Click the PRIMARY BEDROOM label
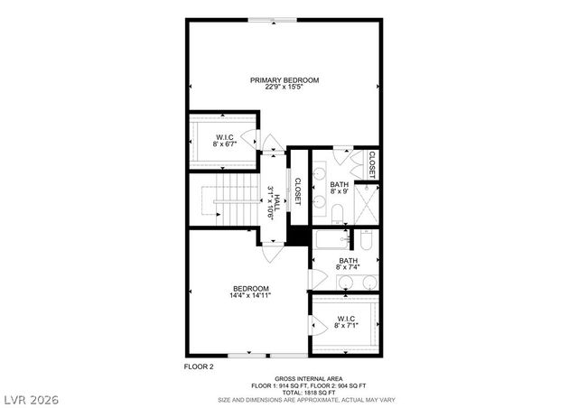click(284, 80)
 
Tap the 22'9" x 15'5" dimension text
click(284, 88)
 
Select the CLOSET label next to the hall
click(296, 190)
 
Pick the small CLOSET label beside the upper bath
click(371, 162)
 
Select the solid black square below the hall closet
click(298, 234)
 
